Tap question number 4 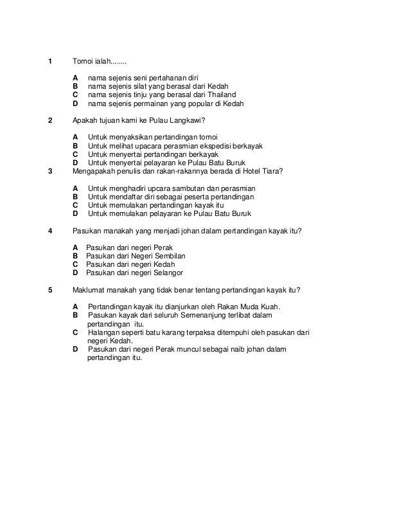point(50,231)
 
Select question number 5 point(50,289)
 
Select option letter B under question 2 point(76,146)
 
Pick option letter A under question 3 point(76,188)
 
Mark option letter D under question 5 point(76,349)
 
